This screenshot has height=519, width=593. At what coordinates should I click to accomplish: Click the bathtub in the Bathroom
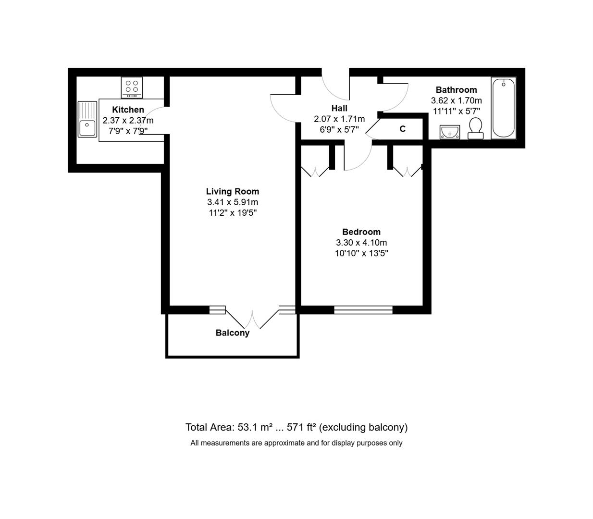(503, 108)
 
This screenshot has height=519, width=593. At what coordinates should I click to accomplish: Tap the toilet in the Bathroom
(475, 128)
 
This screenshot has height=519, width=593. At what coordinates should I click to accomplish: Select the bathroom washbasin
(450, 132)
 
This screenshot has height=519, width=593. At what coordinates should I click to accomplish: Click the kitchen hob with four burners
(132, 87)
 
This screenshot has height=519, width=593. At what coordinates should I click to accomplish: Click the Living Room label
(233, 191)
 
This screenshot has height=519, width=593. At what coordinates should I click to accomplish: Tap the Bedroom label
(361, 232)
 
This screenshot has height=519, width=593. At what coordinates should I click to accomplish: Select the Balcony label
(233, 333)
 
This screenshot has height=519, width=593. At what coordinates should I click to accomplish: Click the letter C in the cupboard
(403, 129)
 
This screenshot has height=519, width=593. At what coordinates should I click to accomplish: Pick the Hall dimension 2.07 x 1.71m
(339, 119)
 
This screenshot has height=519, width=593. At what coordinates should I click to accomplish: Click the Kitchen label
(128, 110)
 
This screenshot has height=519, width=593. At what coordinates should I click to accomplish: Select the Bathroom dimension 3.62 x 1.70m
(456, 100)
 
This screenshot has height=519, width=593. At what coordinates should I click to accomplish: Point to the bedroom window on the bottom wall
(363, 310)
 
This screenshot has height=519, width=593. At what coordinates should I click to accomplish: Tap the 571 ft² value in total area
(301, 427)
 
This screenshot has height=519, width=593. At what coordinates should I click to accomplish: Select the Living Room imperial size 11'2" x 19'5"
(233, 213)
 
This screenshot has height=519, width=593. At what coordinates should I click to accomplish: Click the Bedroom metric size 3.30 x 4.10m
(361, 243)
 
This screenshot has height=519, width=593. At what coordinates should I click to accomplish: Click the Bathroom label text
(456, 90)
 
